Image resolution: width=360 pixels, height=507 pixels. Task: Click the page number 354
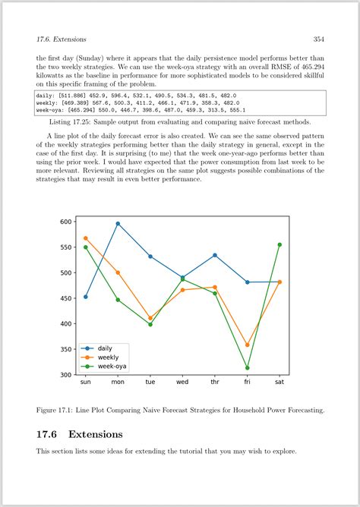click(x=318, y=39)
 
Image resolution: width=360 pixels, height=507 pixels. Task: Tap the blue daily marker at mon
click(x=118, y=224)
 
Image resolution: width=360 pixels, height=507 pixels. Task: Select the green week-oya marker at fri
click(x=248, y=368)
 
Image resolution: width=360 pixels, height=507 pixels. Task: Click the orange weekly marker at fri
click(x=248, y=345)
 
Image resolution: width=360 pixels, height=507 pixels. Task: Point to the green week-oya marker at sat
click(x=279, y=244)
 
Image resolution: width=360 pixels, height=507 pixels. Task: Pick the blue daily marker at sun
click(x=85, y=297)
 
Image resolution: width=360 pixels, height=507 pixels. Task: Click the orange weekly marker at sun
click(x=85, y=238)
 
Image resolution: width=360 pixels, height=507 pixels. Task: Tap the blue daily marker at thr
click(x=215, y=255)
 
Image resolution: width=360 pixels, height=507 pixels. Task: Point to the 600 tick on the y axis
click(x=66, y=222)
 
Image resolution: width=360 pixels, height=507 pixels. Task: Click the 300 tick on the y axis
click(x=66, y=375)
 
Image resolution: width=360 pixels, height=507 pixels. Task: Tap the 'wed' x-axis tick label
click(x=182, y=383)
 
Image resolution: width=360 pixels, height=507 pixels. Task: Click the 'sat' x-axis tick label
click(x=279, y=383)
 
